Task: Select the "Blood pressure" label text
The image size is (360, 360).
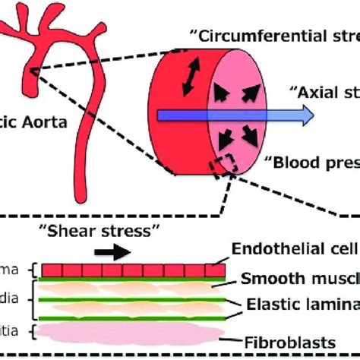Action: click(311, 161)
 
